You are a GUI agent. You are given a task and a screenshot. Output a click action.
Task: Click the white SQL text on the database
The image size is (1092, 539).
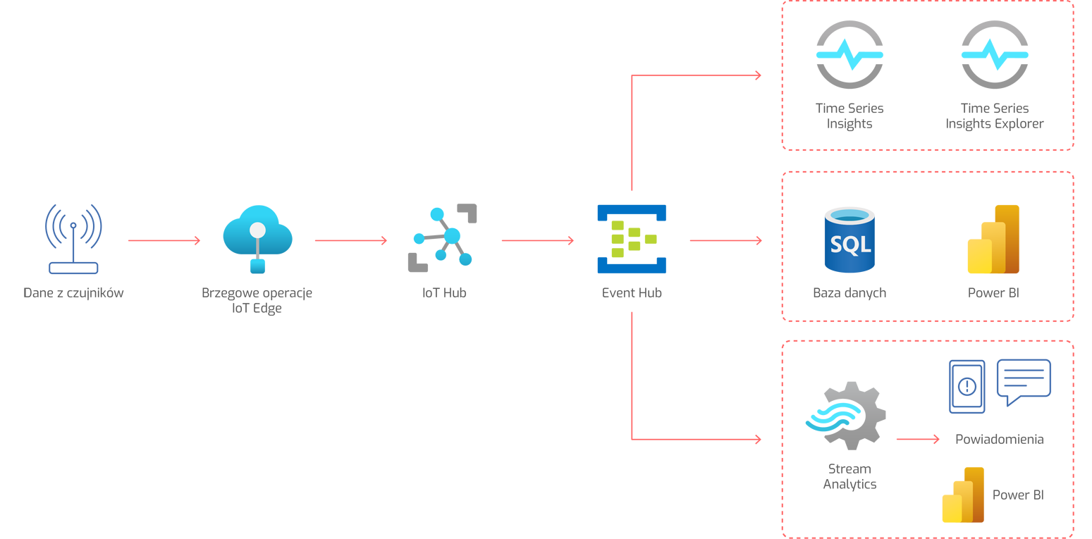850,244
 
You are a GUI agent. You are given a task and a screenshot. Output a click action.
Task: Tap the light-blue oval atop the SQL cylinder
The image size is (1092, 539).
852,214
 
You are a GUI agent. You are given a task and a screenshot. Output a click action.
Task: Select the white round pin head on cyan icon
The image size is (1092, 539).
258,230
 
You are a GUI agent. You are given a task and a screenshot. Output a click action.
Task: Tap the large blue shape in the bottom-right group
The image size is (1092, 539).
987,388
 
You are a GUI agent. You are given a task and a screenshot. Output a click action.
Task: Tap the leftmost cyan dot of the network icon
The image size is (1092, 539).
419,240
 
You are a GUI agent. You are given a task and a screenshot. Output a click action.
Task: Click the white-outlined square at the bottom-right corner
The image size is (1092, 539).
1055,528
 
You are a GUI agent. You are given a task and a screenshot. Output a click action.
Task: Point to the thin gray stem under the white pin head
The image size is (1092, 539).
258,246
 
